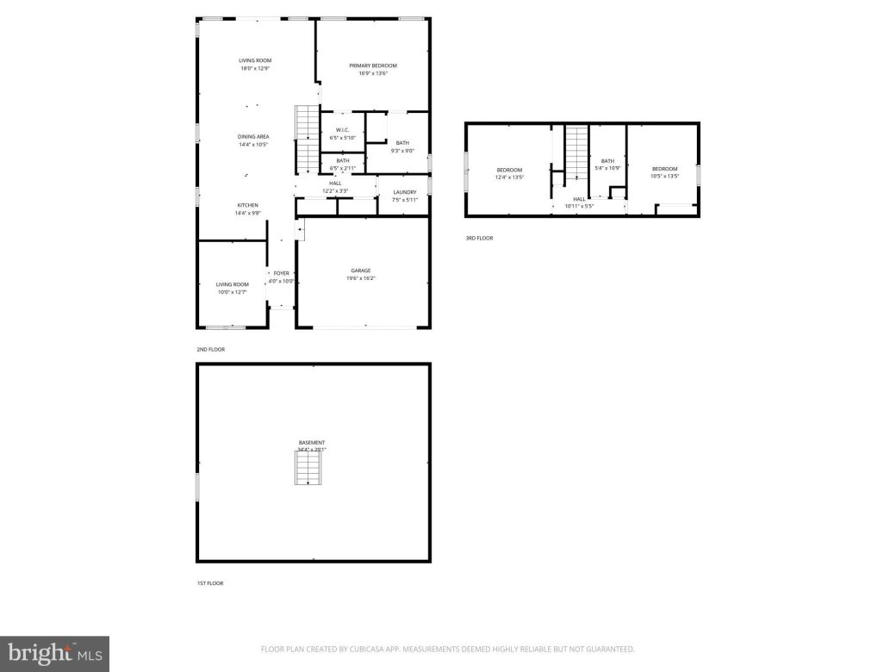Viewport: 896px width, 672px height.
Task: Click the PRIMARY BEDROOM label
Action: (x=373, y=65)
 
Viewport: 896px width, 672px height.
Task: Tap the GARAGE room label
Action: (x=361, y=271)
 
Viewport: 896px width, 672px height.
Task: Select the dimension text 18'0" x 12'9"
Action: (x=255, y=68)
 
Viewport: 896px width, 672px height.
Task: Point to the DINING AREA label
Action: (x=254, y=136)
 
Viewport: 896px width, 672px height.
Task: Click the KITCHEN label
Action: (x=249, y=205)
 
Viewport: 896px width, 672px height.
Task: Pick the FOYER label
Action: (x=281, y=273)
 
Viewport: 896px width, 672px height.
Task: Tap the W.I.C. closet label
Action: (x=342, y=129)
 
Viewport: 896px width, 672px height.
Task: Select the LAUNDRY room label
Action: (x=405, y=192)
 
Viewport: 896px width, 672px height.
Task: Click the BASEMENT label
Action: (x=312, y=443)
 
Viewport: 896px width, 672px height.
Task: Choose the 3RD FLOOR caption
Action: (x=479, y=238)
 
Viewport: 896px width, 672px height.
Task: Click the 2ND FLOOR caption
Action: (x=210, y=350)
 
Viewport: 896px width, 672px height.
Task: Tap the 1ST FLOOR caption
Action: (x=210, y=583)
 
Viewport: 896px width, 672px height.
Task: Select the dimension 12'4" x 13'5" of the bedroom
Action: (x=509, y=177)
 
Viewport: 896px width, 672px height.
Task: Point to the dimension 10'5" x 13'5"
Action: (x=664, y=176)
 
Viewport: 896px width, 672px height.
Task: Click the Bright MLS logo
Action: (x=54, y=653)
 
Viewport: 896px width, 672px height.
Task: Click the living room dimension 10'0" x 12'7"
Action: (x=232, y=292)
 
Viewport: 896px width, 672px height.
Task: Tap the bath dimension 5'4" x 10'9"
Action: (x=608, y=167)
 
